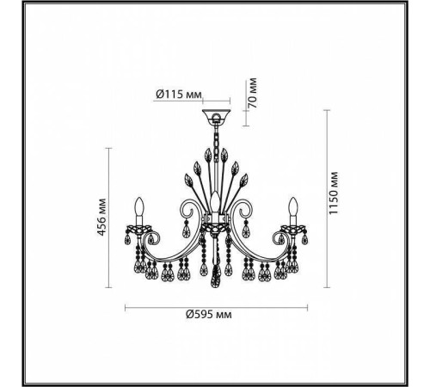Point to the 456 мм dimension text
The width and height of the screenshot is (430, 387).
pos(101,218)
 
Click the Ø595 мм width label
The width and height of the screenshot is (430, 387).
pos(210,316)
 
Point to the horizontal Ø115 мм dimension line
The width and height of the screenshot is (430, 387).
pos(199,103)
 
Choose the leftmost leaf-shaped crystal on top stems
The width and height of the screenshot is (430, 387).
pos(187,181)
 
